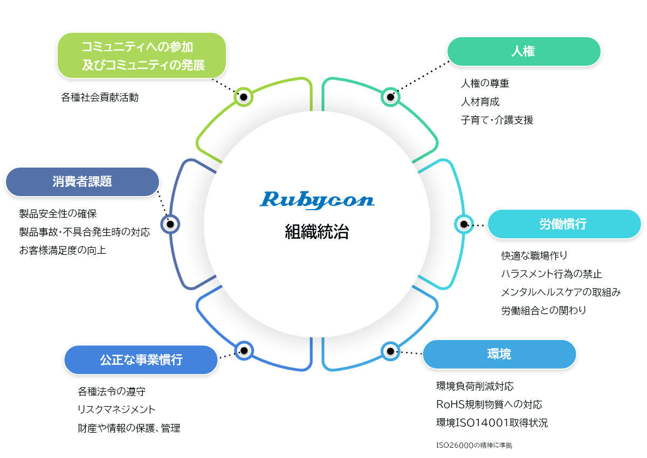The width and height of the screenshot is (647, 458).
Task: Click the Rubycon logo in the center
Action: point(316,200)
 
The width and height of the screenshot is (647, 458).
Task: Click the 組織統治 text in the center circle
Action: point(316,232)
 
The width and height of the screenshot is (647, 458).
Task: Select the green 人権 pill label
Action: point(524,52)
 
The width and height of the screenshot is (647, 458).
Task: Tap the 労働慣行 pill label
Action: point(563,224)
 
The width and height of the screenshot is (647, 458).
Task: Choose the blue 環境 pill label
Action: point(499,354)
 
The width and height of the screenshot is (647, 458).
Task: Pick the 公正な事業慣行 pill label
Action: point(141,360)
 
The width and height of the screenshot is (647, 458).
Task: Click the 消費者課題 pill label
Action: point(82,182)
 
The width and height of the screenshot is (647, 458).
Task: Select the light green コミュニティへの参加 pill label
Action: point(142,55)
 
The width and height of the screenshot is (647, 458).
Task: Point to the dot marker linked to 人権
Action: point(390,97)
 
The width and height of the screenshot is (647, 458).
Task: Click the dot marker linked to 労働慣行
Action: point(463,224)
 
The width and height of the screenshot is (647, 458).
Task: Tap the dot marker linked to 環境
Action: point(390,351)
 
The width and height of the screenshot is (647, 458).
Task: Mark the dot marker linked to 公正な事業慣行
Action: point(244,351)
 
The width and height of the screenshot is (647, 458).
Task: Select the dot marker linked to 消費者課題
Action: point(170,224)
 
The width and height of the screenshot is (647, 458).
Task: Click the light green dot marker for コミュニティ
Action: point(244,97)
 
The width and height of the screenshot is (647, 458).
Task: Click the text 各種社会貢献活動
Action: point(100,98)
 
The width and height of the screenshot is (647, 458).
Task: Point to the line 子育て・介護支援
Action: point(497,120)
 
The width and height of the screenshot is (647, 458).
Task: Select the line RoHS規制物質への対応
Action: point(489,404)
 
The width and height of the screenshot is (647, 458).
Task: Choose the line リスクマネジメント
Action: point(116,410)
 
